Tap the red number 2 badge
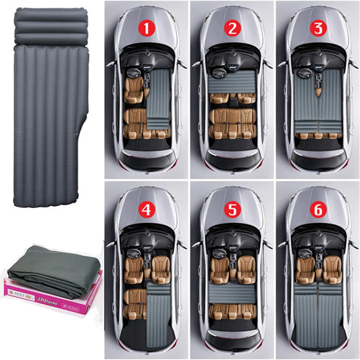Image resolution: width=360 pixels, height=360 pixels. coord(232,28)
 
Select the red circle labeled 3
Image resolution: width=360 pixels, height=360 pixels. coord(316,28)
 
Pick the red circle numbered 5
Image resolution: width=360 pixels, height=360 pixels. coord(232,209)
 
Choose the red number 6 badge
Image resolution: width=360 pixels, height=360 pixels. coord(316,209)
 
